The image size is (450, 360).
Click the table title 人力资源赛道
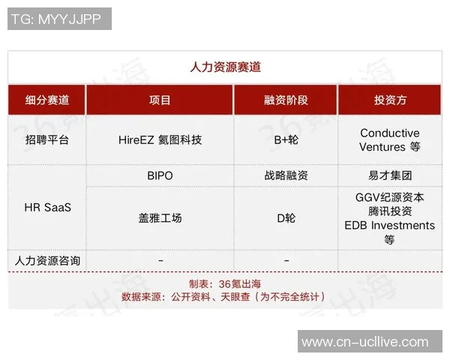point(225,67)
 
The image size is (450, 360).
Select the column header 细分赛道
point(46,100)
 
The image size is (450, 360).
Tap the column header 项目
point(160,100)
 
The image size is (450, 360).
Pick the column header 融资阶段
point(286,100)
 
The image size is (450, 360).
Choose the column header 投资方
point(390,100)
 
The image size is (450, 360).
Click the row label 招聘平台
point(46,139)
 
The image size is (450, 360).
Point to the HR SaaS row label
point(46,207)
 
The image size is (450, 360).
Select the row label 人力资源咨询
point(46,260)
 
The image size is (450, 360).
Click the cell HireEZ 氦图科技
point(160,139)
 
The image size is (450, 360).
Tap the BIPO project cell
point(160,175)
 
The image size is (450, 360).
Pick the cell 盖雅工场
point(160,217)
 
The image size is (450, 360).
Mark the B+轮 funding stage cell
point(286,139)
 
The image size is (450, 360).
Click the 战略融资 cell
point(286,175)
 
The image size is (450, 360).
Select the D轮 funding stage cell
point(286,217)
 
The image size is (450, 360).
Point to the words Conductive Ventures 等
point(390,140)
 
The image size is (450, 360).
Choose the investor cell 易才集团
point(390,175)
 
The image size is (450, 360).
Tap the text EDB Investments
point(390,225)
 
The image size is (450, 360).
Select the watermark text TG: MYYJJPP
point(59,19)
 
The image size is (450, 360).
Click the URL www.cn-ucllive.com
point(365,342)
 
